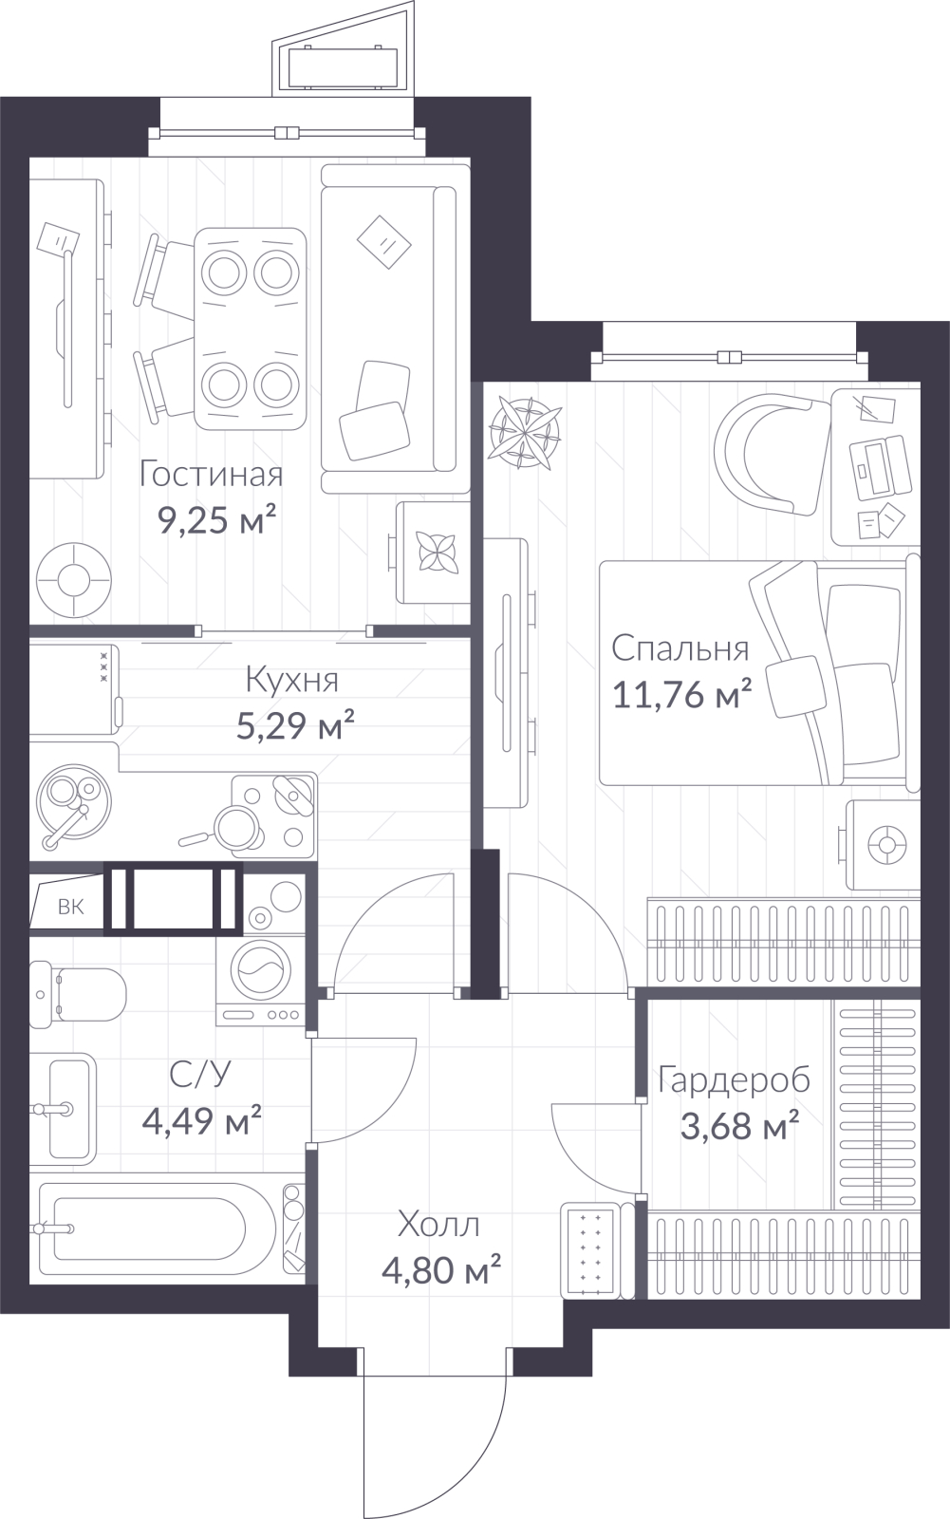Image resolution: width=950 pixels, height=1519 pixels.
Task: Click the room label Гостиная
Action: tap(211, 475)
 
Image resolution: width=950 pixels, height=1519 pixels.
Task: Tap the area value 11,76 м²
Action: tap(682, 694)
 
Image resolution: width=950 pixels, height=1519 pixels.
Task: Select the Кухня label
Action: tap(291, 680)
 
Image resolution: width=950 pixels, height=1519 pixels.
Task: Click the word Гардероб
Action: tap(735, 1079)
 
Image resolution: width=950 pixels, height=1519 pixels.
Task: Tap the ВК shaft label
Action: tap(70, 907)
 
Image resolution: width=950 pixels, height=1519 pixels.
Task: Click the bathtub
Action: tap(155, 1228)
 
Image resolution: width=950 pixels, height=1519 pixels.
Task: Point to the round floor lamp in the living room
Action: tap(73, 581)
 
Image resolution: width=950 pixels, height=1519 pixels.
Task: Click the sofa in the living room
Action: tap(395, 328)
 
